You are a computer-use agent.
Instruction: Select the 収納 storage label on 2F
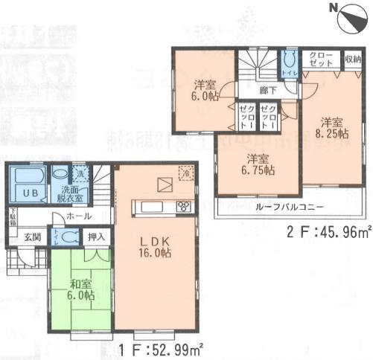click(x=352, y=60)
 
